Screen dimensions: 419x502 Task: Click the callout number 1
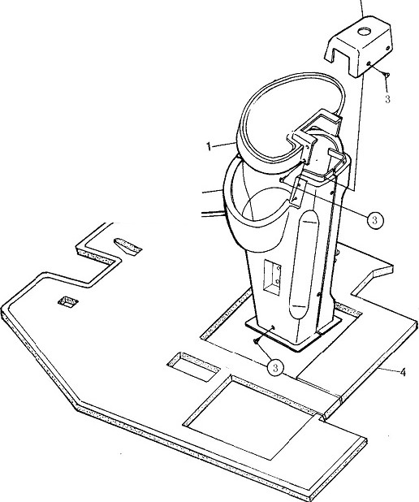click(209, 147)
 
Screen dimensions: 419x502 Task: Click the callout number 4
click(403, 372)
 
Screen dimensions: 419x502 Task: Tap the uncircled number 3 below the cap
click(387, 99)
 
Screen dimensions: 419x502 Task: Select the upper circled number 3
click(374, 220)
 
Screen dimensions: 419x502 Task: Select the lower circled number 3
click(275, 367)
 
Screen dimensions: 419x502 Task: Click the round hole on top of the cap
click(365, 32)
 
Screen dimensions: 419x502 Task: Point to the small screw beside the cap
click(386, 75)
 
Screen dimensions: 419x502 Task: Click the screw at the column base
click(256, 342)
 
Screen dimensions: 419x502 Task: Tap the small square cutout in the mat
click(68, 301)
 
